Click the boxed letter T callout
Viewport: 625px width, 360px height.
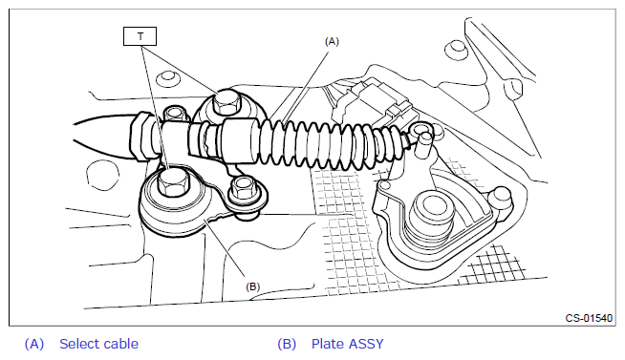click(140, 36)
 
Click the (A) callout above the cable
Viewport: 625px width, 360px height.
click(332, 41)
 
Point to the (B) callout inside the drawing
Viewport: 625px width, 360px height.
click(252, 286)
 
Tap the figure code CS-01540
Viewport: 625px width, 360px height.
click(589, 318)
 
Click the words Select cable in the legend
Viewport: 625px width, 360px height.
click(98, 344)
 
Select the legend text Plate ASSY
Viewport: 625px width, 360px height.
click(347, 344)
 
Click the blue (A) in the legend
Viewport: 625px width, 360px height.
click(34, 344)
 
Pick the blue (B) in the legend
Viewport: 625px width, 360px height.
click(287, 344)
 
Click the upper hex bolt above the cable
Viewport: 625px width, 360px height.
click(226, 102)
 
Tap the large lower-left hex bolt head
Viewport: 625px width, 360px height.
click(171, 181)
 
